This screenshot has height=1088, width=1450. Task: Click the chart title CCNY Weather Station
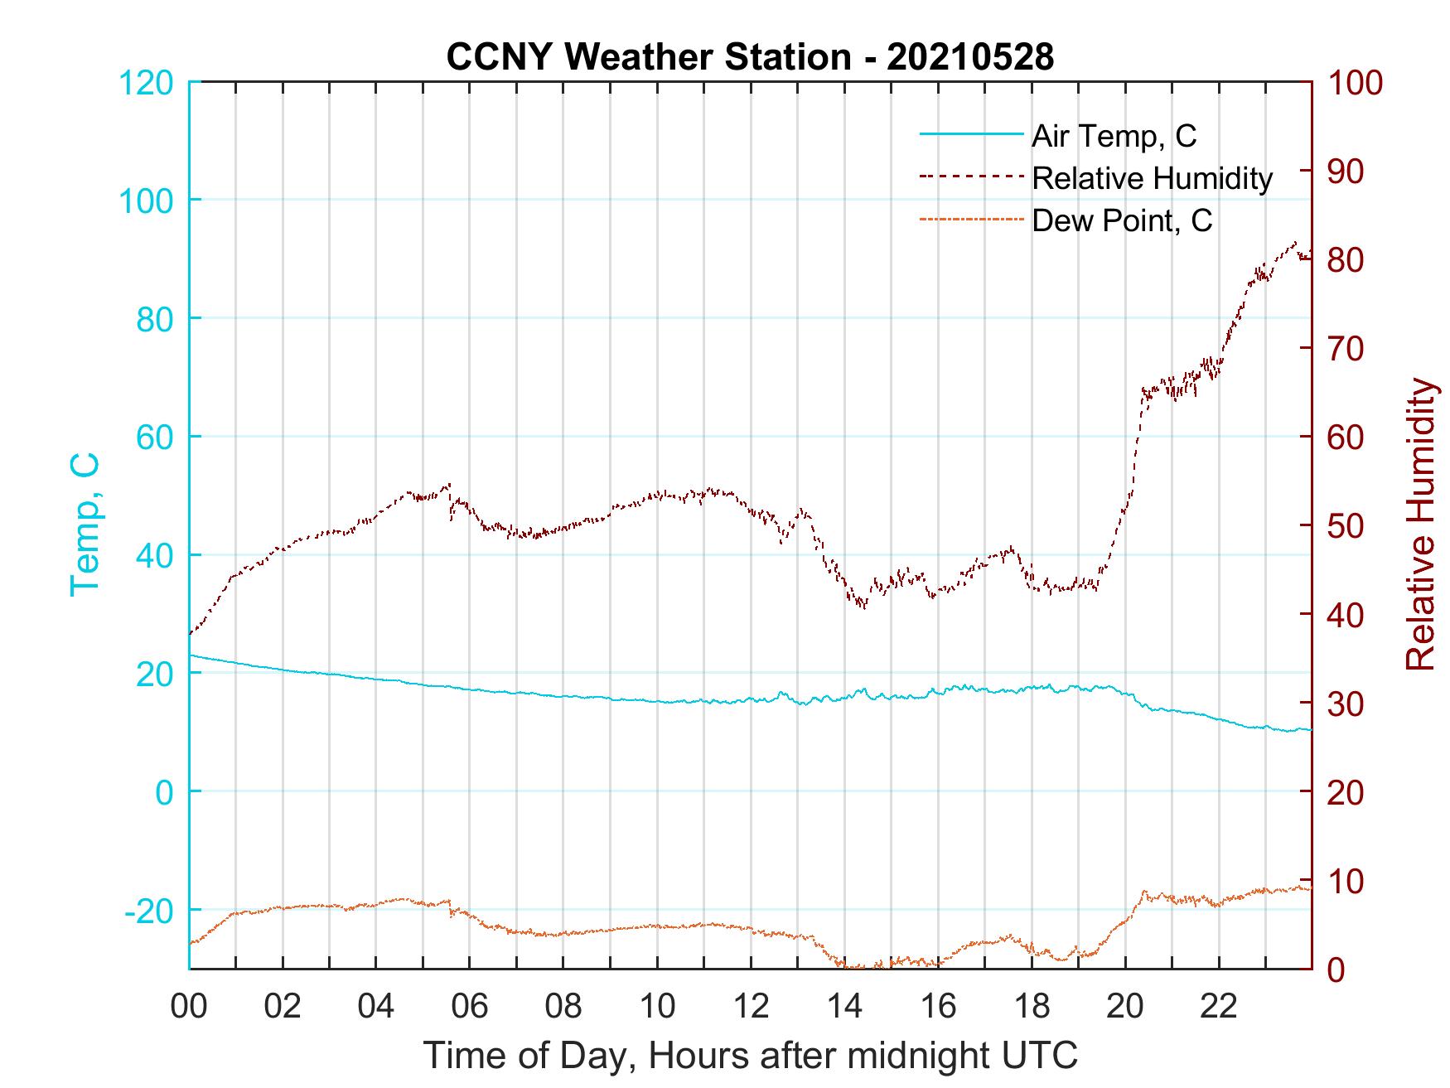click(x=750, y=57)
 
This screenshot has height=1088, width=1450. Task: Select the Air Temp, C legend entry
click(x=1114, y=136)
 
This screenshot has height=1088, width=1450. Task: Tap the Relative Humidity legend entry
click(x=1152, y=178)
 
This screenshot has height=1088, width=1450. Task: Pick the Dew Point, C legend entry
click(x=1122, y=221)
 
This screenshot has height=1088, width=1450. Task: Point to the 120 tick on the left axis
click(x=146, y=83)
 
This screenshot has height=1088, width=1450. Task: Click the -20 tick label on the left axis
click(x=149, y=911)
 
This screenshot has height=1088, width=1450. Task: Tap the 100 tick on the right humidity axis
click(x=1356, y=83)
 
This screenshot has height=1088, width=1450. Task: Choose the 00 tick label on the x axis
click(x=189, y=1007)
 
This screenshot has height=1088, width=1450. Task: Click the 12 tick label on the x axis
click(x=751, y=1007)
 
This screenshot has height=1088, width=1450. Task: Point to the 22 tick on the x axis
click(x=1219, y=1007)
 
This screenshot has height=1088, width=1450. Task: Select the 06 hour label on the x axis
click(x=470, y=1007)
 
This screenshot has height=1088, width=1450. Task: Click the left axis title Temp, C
click(x=85, y=524)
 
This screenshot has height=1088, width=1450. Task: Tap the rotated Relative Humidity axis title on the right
click(x=1420, y=524)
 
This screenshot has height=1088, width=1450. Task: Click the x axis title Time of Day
click(x=750, y=1055)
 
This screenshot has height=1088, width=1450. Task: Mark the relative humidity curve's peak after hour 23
click(x=1295, y=242)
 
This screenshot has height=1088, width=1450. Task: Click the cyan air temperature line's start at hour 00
click(x=191, y=655)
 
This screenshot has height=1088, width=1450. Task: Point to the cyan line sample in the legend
click(x=971, y=136)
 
